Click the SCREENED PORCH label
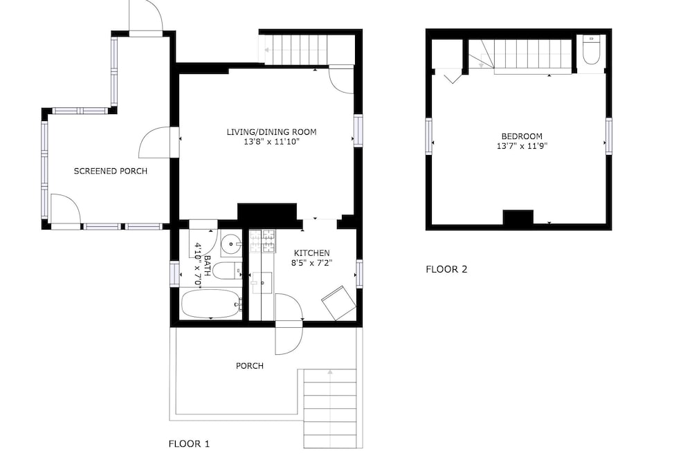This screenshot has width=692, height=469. (x=110, y=171)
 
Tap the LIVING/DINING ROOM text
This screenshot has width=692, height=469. (x=271, y=132)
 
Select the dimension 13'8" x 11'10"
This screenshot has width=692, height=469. (x=271, y=142)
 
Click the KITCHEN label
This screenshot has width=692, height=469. (x=311, y=253)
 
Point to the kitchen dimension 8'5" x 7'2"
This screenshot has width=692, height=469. (x=311, y=263)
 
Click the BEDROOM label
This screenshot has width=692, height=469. (x=522, y=136)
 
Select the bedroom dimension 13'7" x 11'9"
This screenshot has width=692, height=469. (x=522, y=146)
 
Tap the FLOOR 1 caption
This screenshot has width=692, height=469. (x=189, y=444)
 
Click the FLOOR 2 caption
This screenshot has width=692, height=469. (x=446, y=269)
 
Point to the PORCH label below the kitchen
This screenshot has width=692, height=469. (x=250, y=366)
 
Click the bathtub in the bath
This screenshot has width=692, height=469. (x=211, y=304)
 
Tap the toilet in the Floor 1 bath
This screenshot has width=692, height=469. (x=227, y=270)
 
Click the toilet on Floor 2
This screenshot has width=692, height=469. (x=591, y=50)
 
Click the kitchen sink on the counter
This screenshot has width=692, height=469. (x=262, y=283)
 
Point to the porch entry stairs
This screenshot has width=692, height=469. (x=329, y=409)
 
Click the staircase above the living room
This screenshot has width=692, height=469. (x=297, y=49)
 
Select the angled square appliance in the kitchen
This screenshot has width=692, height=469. (x=338, y=303)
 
